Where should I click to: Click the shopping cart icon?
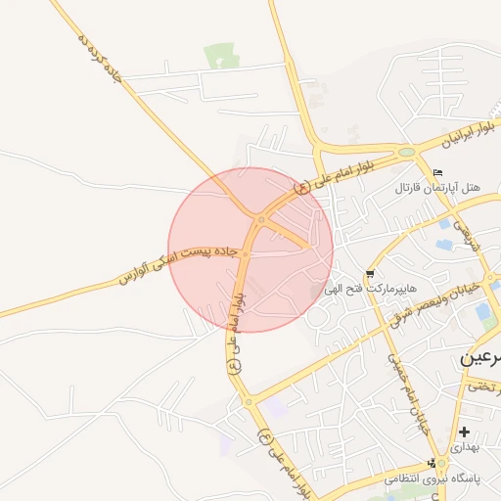(369, 274)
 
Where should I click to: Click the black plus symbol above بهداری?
(464, 432)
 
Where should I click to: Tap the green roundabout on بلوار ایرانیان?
(406, 152)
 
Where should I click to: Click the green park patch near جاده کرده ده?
(221, 56)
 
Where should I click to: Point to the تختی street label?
(483, 387)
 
